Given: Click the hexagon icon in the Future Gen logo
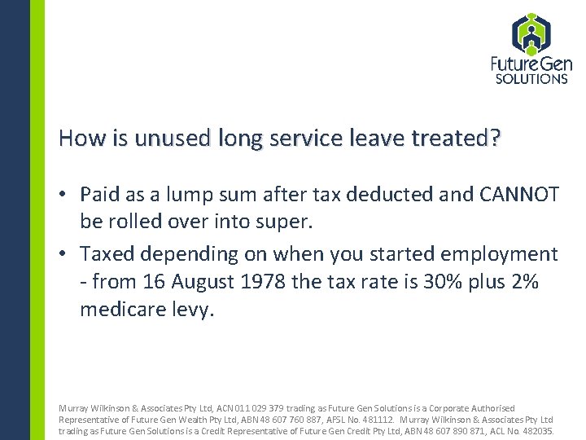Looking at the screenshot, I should point(531,34).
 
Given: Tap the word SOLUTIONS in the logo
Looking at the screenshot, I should point(531,79).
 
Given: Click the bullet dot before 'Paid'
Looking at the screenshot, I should point(63,195).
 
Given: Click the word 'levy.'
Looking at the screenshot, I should point(193,310).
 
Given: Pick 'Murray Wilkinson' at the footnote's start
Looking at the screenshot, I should point(90,407).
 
